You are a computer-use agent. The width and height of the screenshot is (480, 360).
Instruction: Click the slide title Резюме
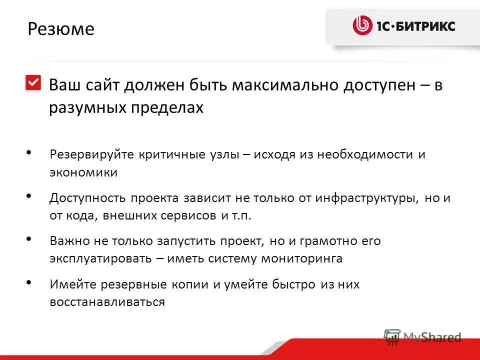(x=61, y=29)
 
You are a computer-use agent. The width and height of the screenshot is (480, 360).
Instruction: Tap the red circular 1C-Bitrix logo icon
(x=362, y=25)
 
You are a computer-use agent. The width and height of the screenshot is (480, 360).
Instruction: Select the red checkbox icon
(x=33, y=82)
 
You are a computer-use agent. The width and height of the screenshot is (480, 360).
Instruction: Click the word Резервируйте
(x=91, y=154)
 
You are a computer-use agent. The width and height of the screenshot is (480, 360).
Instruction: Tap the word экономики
(x=83, y=173)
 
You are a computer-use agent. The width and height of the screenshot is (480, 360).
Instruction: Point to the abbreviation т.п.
(x=242, y=216)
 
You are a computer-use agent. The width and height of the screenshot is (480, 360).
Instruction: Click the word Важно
(x=69, y=241)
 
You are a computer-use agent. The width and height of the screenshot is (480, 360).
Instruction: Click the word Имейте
(x=72, y=284)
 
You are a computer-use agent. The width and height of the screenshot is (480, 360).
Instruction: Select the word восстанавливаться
(x=107, y=302)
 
